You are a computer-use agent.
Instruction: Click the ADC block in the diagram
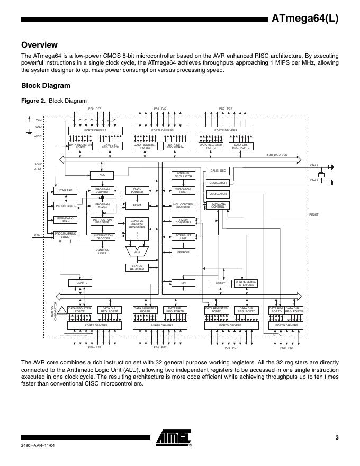tap(103, 174)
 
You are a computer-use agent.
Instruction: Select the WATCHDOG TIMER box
tap(183, 190)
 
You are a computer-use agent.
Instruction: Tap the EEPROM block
tap(183, 252)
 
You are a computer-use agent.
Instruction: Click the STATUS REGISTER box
tap(137, 267)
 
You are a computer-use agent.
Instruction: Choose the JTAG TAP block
tap(66, 190)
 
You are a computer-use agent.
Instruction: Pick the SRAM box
tap(137, 205)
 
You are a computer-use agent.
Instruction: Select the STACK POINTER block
tap(137, 190)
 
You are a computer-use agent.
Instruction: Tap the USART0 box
tap(80, 283)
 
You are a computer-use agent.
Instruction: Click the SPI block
tap(183, 283)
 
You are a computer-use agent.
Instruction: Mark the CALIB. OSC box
tap(219, 171)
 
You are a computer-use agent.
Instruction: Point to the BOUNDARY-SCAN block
tap(66, 220)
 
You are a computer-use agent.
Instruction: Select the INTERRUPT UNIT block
tap(183, 236)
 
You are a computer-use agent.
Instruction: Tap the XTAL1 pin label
tap(313, 165)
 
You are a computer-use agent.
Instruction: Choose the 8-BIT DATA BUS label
tap(276, 154)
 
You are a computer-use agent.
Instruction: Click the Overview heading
tap(39, 45)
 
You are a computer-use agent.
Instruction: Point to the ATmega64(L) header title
tap(304, 19)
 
